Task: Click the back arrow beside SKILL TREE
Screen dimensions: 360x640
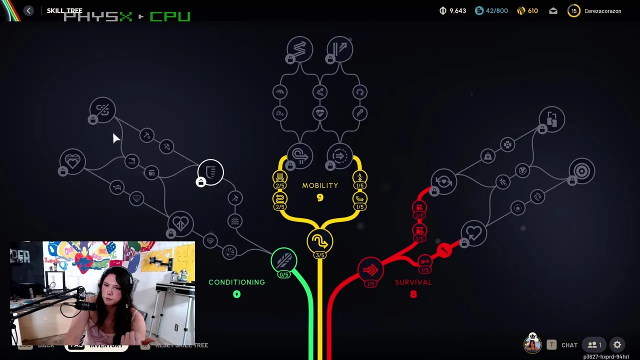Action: [x=28, y=11]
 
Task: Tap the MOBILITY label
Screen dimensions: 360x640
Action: [x=320, y=185]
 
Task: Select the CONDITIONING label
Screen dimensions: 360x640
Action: [x=236, y=282]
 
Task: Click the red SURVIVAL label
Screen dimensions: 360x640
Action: [x=413, y=282]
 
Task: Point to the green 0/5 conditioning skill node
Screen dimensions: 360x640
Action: [x=284, y=260]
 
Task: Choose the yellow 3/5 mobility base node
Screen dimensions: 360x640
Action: [x=320, y=242]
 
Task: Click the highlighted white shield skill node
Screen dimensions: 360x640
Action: [x=210, y=172]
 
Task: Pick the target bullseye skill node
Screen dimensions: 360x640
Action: [x=581, y=171]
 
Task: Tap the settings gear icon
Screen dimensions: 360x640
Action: [x=617, y=345]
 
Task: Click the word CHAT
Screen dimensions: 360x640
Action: [x=569, y=345]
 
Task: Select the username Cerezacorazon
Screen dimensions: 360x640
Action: [x=602, y=11]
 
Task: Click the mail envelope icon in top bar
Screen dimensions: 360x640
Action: [x=553, y=11]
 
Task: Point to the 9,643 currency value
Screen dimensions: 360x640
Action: [x=457, y=11]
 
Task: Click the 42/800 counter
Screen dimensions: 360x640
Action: [x=496, y=11]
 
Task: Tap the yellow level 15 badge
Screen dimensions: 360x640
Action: [x=574, y=11]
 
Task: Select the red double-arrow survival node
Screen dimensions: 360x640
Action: [x=370, y=270]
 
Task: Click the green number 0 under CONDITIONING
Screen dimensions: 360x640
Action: [x=236, y=294]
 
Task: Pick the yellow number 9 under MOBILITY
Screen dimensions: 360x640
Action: [x=320, y=198]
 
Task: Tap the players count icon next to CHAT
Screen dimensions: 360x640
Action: [x=594, y=345]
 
